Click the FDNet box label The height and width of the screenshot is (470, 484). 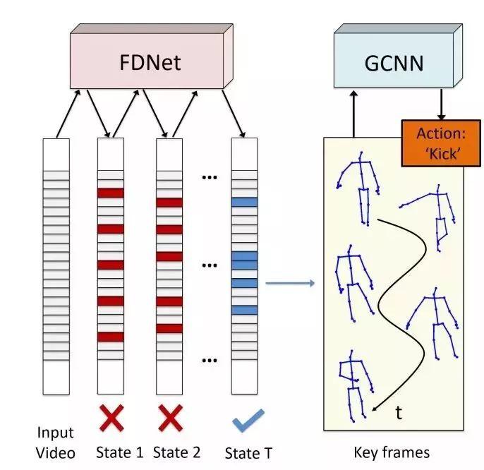point(150,62)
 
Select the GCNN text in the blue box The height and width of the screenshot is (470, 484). point(394,64)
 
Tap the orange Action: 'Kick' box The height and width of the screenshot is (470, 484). point(441,143)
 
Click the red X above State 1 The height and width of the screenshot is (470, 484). point(111,418)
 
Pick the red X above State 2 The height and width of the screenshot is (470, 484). point(171,418)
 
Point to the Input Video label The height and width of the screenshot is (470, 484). point(56,442)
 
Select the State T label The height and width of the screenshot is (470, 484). point(248,453)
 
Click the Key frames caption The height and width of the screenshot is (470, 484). point(392,452)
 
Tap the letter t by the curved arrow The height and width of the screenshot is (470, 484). point(399,413)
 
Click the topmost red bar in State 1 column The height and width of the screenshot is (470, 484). point(111,193)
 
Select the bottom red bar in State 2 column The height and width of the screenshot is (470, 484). point(169,329)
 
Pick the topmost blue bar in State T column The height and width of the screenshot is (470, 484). point(244,203)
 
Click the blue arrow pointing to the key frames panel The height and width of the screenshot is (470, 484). point(290,283)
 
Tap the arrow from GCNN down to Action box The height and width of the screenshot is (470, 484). point(442,104)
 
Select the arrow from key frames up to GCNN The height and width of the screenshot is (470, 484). point(354,114)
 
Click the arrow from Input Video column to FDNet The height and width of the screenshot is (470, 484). point(68,114)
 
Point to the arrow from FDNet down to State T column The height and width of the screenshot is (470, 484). point(234,114)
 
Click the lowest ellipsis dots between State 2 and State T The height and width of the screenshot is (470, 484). point(210,360)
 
